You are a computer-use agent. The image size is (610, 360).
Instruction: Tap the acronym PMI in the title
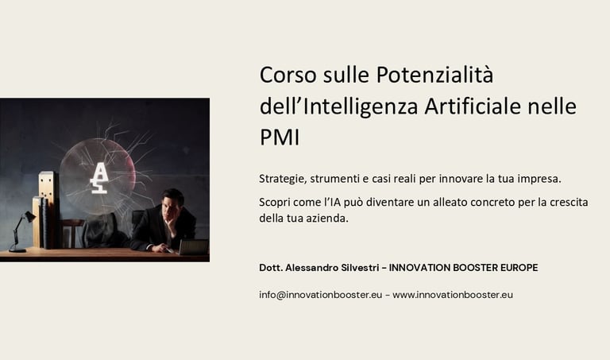click(280, 137)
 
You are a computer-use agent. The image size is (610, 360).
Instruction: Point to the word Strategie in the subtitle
click(283, 178)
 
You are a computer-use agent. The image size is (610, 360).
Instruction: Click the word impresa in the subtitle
click(539, 178)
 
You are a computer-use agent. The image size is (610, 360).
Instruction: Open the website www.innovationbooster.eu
click(453, 294)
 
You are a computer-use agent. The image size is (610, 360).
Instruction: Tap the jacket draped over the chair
click(102, 232)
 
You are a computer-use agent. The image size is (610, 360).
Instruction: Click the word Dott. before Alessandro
click(271, 268)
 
